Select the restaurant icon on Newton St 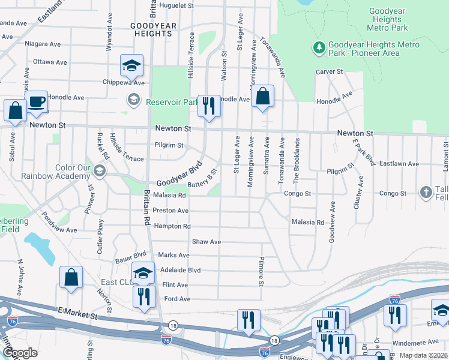pyautogui.click(x=209, y=106)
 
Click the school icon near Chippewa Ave pyautogui.click(x=132, y=66)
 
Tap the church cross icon pyautogui.click(x=426, y=193)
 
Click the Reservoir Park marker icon pyautogui.click(x=133, y=99)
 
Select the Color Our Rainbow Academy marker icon pyautogui.click(x=99, y=172)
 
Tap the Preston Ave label pyautogui.click(x=170, y=211)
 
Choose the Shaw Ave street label pyautogui.click(x=206, y=242)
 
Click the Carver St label pyautogui.click(x=329, y=72)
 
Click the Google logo pyautogui.click(x=20, y=353)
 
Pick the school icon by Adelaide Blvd pyautogui.click(x=143, y=274)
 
